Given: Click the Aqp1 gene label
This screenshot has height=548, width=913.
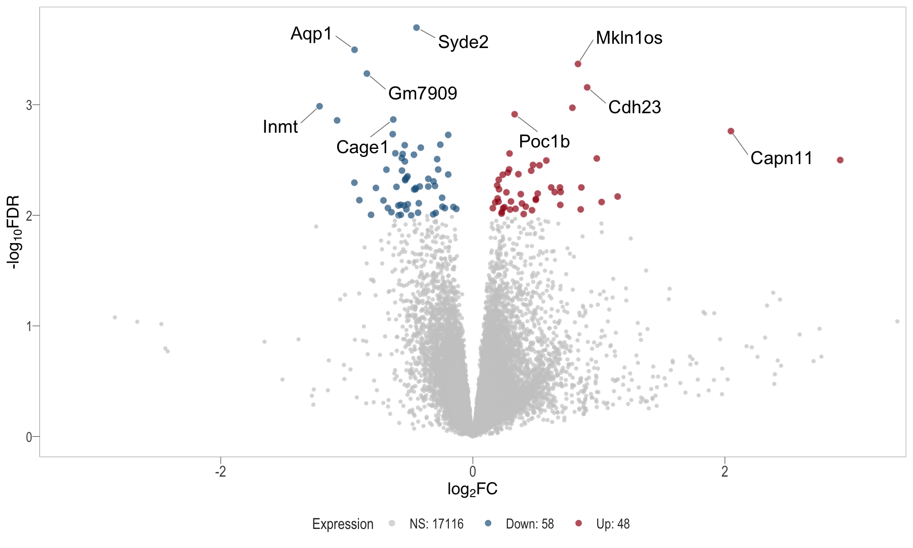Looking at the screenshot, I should [x=311, y=34].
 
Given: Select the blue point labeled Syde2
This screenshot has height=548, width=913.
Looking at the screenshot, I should [x=417, y=28].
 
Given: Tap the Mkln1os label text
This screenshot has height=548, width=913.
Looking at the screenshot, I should [x=629, y=38].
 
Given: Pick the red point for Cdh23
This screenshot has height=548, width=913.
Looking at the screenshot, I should [x=587, y=88].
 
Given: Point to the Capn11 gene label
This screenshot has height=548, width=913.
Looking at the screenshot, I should [x=781, y=158].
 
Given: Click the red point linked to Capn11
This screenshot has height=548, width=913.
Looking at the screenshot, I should [x=731, y=131].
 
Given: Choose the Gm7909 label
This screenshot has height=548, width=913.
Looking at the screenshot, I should [x=423, y=93].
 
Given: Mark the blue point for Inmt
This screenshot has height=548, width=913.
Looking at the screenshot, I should [x=320, y=107].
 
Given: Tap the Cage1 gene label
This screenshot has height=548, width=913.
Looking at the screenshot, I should [x=362, y=147].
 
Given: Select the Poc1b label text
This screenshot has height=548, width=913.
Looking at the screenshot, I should [x=544, y=142].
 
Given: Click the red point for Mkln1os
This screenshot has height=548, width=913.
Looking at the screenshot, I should [x=578, y=64].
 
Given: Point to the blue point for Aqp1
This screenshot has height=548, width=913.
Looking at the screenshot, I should [x=354, y=50].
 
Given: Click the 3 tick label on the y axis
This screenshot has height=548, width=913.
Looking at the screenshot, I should [x=29, y=105].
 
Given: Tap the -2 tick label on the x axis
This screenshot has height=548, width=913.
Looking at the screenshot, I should [x=220, y=471].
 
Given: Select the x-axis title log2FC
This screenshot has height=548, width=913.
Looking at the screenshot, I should [x=472, y=489].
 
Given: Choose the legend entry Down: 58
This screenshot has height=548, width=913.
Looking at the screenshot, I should [x=530, y=524].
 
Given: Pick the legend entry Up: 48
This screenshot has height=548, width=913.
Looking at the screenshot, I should [x=612, y=524].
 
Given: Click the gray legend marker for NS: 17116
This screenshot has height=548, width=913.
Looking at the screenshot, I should [x=392, y=523].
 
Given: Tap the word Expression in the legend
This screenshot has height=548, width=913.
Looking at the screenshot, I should [x=342, y=524].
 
